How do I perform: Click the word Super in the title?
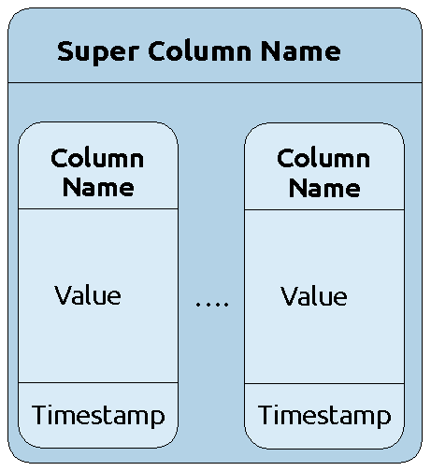click(x=98, y=52)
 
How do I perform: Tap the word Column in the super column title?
click(x=200, y=50)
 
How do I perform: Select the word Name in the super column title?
click(x=301, y=51)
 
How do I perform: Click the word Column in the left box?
click(x=97, y=158)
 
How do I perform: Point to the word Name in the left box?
click(x=98, y=187)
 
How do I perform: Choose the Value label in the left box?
click(x=88, y=295)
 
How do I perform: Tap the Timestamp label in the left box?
click(x=98, y=415)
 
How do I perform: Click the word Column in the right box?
click(x=323, y=158)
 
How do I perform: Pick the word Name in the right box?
click(x=324, y=188)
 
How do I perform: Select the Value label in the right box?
click(x=314, y=295)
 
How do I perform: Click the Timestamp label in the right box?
click(x=324, y=415)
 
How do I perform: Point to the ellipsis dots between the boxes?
click(x=212, y=304)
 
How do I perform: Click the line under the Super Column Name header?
click(x=215, y=83)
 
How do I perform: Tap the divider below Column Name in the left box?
click(x=98, y=208)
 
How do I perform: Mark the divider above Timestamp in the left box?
click(x=98, y=382)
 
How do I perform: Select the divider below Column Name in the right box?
click(x=324, y=209)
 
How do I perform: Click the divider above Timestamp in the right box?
click(x=324, y=383)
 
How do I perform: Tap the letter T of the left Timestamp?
click(x=39, y=414)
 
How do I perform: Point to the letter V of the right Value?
click(x=290, y=295)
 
